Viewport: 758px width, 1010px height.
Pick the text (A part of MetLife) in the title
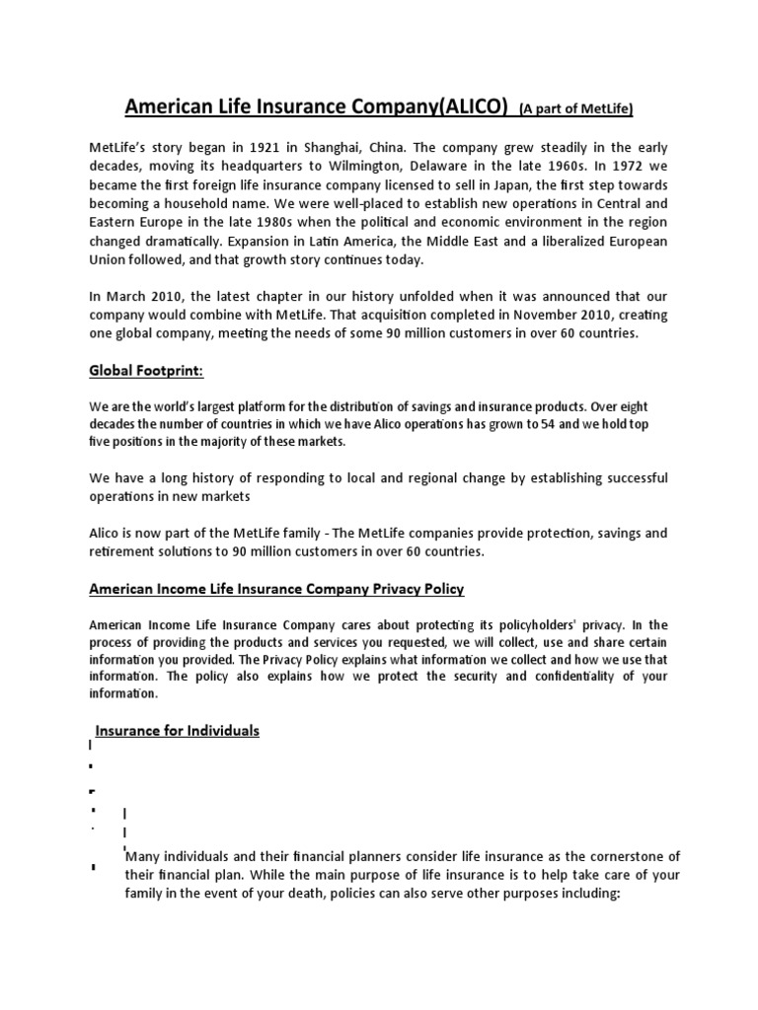(575, 107)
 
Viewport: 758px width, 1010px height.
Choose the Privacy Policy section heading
(276, 589)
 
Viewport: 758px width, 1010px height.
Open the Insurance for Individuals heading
(177, 730)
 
